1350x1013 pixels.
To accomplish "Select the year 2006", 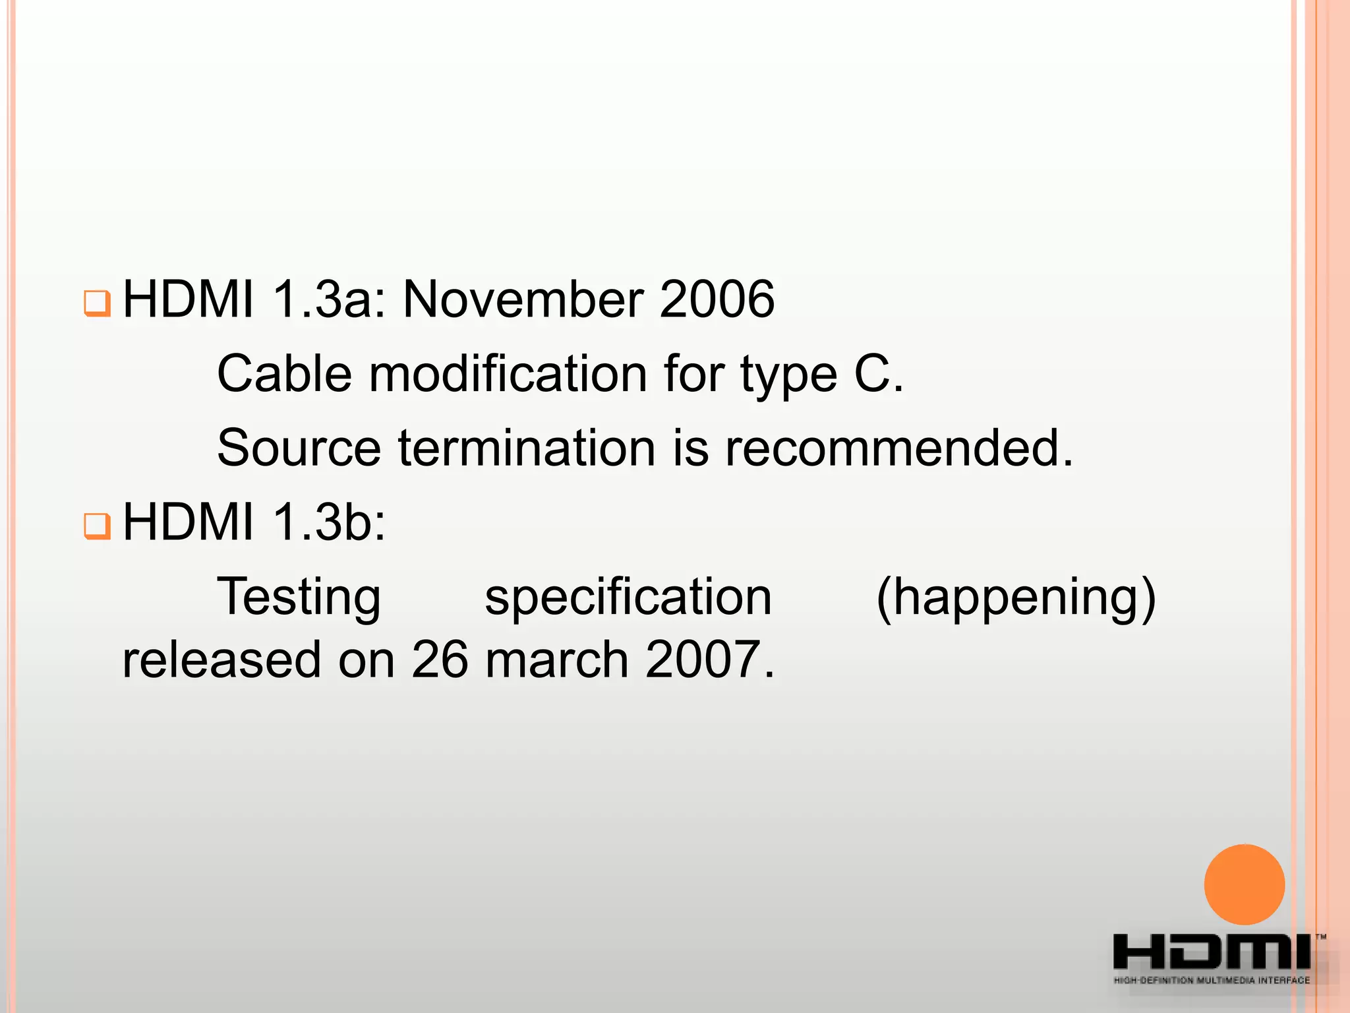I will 717,300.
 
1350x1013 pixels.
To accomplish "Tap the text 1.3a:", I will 328,300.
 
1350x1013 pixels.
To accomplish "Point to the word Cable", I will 284,374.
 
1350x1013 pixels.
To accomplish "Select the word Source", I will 299,448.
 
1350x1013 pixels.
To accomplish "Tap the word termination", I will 527,448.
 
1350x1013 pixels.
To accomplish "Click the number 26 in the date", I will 439,660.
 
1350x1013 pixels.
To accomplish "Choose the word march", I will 557,660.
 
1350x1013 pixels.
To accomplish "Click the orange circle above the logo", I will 1244,884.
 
